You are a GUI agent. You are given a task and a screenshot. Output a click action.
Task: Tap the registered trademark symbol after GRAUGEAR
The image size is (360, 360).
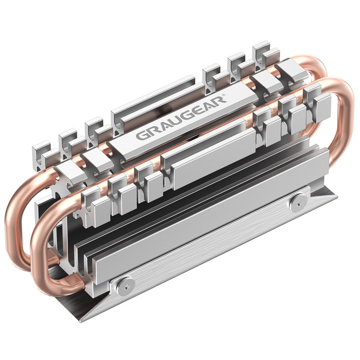click(x=224, y=94)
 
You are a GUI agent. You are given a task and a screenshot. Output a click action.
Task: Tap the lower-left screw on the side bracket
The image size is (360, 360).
click(x=125, y=287)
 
